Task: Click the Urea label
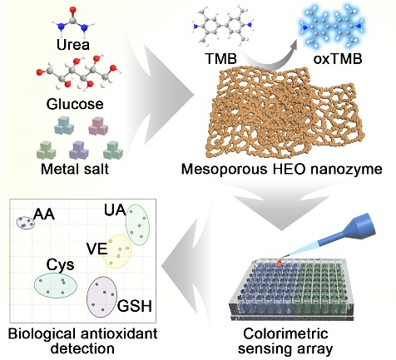pos(73,44)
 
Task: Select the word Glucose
pos(75,104)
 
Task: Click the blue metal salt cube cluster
pos(64,126)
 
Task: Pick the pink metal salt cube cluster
pos(98,126)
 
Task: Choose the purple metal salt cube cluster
pos(79,150)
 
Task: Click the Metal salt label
pos(75,169)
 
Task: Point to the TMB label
pos(220,59)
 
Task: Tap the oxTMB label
pos(338,59)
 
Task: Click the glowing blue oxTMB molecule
pos(332,27)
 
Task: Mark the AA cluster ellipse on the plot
pos(25,223)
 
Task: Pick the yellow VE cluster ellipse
pos(117,251)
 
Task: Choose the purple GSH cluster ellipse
pos(101,297)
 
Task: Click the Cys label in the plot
pos(60,265)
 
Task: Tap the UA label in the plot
pos(115,210)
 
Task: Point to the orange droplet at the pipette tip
pos(279,262)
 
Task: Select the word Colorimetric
pos(285,334)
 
